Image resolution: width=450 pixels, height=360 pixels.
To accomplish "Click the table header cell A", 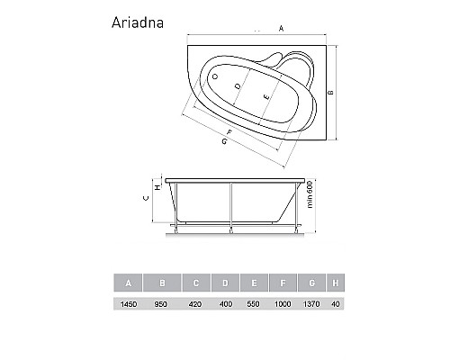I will click(x=130, y=284).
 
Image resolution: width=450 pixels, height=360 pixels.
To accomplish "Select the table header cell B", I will click(x=163, y=284).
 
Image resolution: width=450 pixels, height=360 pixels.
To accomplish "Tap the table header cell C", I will click(x=196, y=284).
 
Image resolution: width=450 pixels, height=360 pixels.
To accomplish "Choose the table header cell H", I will click(x=337, y=284).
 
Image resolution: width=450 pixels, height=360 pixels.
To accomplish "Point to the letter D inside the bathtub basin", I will click(x=238, y=86).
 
